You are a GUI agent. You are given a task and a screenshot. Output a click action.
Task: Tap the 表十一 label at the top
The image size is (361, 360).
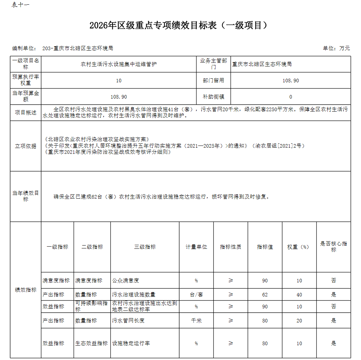20,5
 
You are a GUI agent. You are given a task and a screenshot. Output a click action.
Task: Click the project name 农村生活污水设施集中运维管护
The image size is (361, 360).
119,64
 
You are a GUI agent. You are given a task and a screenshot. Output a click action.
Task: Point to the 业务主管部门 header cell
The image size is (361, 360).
213,64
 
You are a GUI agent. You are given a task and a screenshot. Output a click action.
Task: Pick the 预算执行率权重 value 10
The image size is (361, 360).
119,81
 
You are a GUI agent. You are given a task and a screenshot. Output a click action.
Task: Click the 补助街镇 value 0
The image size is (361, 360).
291,97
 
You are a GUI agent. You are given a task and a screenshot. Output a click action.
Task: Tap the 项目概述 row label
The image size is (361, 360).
26,113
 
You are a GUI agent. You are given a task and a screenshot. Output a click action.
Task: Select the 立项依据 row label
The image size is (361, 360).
26,146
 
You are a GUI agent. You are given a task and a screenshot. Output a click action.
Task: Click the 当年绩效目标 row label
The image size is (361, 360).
26,196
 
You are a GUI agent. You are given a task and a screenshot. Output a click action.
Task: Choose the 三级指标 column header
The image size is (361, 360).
145,247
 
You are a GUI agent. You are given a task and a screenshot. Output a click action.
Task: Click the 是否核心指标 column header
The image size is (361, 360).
334,247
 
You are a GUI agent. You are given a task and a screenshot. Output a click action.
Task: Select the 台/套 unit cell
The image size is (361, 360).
196,295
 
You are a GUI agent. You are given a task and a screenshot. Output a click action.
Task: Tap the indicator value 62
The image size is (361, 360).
265,295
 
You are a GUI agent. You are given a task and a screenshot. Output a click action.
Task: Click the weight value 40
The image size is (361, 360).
299,295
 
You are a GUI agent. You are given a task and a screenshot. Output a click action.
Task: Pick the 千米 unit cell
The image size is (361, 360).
196,321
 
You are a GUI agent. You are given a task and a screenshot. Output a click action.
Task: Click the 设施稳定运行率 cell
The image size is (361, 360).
131,343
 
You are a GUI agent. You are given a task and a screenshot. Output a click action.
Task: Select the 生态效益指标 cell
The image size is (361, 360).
92,343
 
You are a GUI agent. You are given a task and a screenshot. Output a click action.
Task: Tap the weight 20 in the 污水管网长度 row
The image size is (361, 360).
299,321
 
